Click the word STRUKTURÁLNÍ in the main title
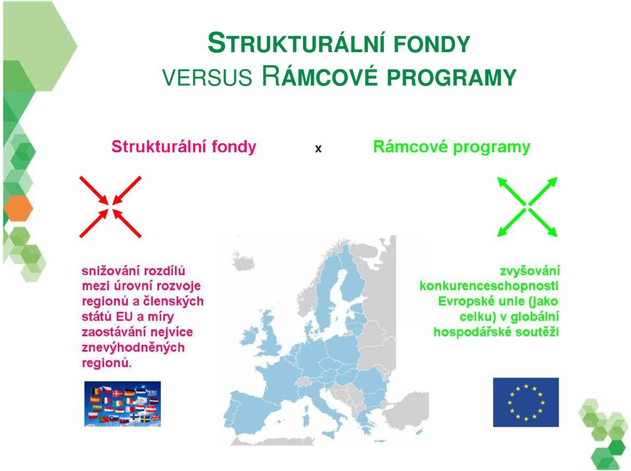[x=297, y=43]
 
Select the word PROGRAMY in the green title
[x=452, y=77]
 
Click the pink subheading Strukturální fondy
[x=184, y=146]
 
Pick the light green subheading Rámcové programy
[x=452, y=147]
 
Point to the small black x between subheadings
[x=318, y=149]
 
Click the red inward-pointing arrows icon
[x=110, y=207]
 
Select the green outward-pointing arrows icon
[x=527, y=207]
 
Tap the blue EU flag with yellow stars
[x=526, y=402]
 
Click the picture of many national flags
[x=122, y=404]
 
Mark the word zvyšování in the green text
[x=530, y=271]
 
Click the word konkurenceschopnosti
[x=489, y=286]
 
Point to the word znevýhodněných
[x=133, y=347]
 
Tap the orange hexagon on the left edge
[x=18, y=208]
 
